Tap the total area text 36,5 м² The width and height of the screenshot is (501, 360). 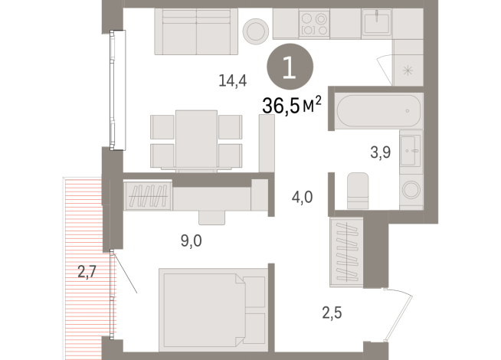[290, 106]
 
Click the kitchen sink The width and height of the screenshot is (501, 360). [377, 23]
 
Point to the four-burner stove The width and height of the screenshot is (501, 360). [314, 23]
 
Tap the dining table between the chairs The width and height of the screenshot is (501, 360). [196, 138]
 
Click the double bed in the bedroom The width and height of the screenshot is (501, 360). [211, 308]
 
